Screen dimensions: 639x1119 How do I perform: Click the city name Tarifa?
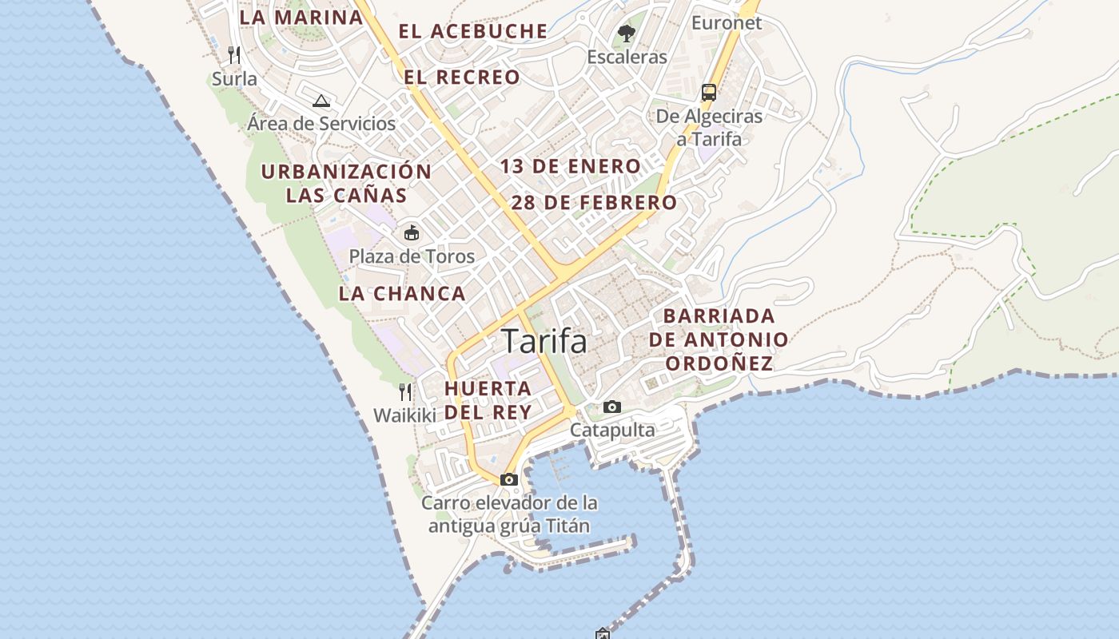click(x=544, y=341)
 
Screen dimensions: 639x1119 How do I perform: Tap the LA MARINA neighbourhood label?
click(x=301, y=17)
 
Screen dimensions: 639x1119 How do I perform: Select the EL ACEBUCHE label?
click(x=473, y=32)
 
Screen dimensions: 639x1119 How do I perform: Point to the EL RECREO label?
click(x=462, y=77)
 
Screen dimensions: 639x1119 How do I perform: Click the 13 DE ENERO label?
click(x=571, y=167)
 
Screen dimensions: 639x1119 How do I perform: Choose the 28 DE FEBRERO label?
click(x=594, y=203)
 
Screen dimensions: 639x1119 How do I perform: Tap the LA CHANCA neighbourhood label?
click(x=402, y=293)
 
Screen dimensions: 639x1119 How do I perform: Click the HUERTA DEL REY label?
click(x=488, y=400)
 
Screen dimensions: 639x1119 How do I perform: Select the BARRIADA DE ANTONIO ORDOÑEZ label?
click(x=719, y=339)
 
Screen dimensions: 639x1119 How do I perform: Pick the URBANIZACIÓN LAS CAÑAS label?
click(x=347, y=183)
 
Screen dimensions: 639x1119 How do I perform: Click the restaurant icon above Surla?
click(x=234, y=54)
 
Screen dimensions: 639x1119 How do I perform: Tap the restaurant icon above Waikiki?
click(x=405, y=392)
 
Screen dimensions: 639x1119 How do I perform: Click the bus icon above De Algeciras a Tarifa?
click(x=709, y=92)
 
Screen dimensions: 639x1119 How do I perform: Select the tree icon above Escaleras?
click(x=627, y=34)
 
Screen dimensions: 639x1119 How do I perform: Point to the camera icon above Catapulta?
click(x=612, y=407)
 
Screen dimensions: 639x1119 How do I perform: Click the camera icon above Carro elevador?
click(x=509, y=480)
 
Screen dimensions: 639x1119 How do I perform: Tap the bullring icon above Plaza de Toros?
click(x=412, y=233)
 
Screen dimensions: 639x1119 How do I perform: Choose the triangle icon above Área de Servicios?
click(x=321, y=101)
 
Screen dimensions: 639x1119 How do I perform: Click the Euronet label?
click(x=727, y=23)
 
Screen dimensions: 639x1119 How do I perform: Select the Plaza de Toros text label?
click(x=412, y=257)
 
